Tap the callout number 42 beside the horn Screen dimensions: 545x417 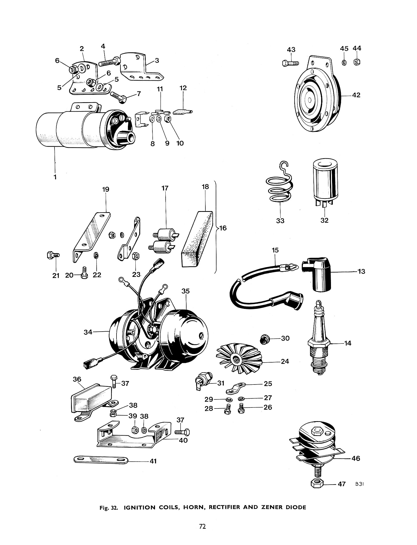coord(356,95)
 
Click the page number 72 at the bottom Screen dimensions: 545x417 coord(202,526)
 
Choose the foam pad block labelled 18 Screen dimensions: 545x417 coord(197,239)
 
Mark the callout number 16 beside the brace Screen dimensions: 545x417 coord(223,228)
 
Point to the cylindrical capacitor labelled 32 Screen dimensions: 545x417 coord(324,183)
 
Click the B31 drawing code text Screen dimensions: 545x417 coord(359,484)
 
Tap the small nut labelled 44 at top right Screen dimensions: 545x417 coord(357,62)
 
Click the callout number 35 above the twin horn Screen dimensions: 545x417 coord(186,291)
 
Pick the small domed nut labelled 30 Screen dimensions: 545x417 coord(264,338)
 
